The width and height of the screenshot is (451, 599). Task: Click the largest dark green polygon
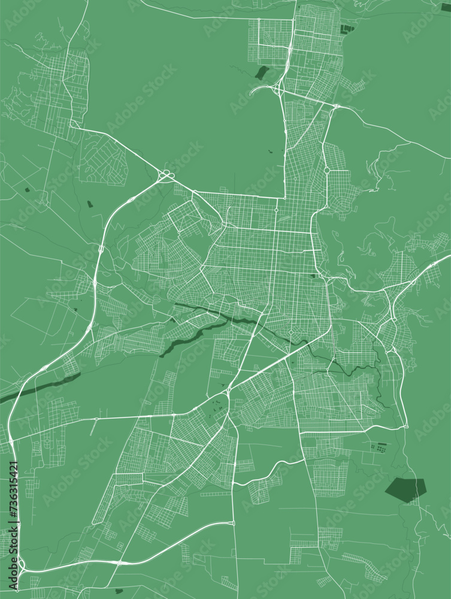click(405, 488)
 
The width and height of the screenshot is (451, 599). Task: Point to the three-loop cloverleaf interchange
click(166, 176)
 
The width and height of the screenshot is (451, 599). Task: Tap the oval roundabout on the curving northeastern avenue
click(326, 170)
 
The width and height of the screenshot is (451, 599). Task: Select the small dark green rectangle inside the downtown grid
click(313, 276)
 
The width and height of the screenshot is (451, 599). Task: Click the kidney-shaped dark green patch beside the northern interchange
click(261, 73)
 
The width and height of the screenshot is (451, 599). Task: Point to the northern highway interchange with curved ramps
click(277, 89)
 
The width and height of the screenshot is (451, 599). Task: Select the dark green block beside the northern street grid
click(347, 28)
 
